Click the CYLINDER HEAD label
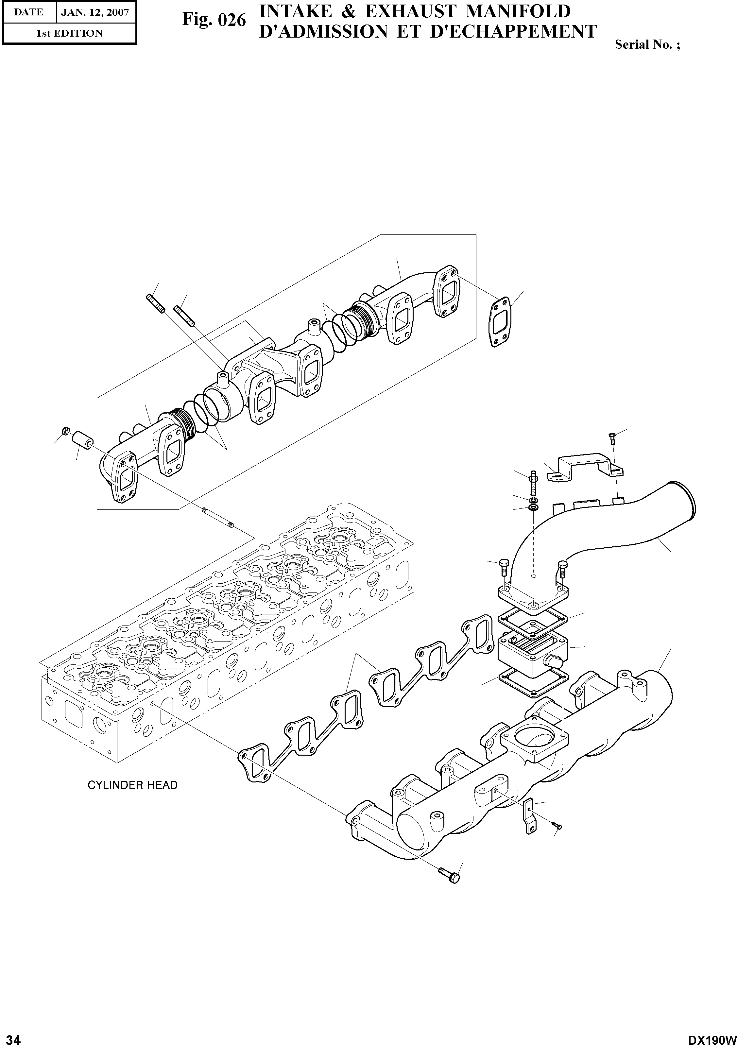pyautogui.click(x=132, y=785)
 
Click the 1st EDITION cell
pyautogui.click(x=69, y=33)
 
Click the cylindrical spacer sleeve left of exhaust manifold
pyautogui.click(x=82, y=440)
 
